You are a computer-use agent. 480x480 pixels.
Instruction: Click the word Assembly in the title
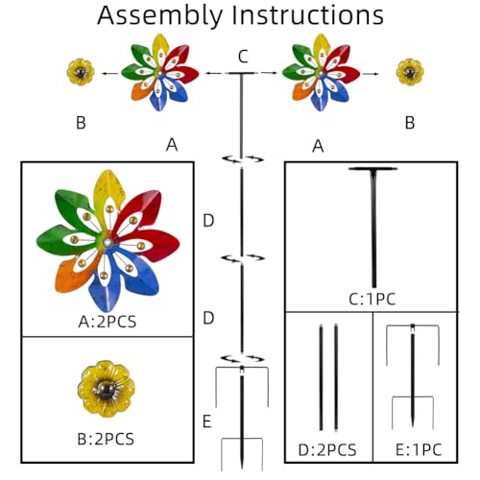[160, 16]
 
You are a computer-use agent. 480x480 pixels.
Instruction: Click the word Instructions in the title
[308, 14]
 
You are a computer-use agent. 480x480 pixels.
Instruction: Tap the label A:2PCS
[108, 322]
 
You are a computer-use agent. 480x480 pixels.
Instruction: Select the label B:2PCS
[106, 439]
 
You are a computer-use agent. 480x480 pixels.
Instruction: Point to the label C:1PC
[372, 300]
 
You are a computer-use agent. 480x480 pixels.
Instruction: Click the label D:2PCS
[327, 450]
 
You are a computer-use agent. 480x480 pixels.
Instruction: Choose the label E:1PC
[419, 450]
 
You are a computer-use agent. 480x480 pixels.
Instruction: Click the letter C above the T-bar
[243, 57]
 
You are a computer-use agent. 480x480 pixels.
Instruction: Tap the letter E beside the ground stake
[207, 421]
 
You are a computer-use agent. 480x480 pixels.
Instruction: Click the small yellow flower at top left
[81, 72]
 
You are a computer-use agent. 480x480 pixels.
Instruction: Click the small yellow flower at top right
[410, 72]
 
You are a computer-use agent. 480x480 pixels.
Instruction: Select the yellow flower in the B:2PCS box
[107, 389]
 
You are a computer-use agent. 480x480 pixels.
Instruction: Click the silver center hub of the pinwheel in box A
[108, 243]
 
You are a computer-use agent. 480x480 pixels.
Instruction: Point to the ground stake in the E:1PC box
[413, 376]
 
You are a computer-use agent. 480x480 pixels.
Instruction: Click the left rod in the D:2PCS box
[321, 377]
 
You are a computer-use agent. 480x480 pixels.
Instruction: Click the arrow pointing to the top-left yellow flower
[109, 74]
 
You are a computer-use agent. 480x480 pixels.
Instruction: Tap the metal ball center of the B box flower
[107, 390]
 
